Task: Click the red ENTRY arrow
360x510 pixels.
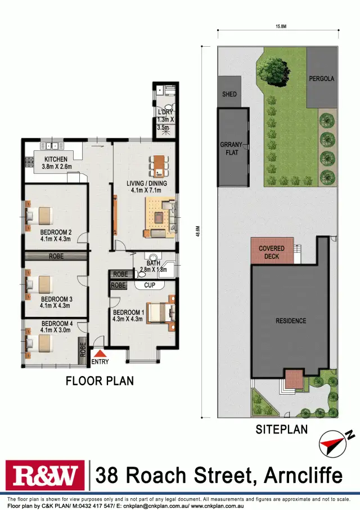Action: (100, 354)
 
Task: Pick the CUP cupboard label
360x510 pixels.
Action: (150, 285)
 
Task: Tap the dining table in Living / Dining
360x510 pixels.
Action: (159, 165)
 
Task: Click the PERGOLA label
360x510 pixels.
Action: (321, 79)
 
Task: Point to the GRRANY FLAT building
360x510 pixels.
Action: (233, 147)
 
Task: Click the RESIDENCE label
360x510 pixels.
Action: (291, 321)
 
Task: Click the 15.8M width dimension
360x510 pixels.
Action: (278, 26)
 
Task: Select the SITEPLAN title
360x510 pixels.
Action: (281, 430)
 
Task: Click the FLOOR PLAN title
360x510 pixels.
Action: (100, 381)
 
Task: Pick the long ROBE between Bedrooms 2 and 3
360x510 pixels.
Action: (56, 256)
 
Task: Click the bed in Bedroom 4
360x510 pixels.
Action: (38, 341)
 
